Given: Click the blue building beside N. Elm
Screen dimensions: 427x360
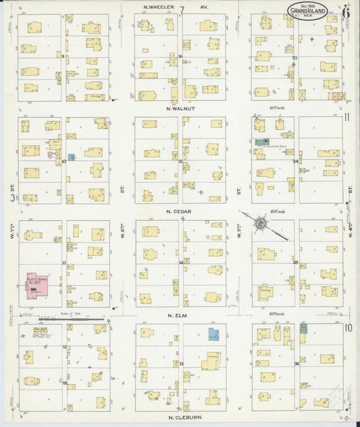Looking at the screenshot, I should (x=213, y=334).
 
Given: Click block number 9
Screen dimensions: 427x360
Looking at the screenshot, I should (x=63, y=57).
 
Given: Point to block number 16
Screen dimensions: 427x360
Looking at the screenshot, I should (x=180, y=57).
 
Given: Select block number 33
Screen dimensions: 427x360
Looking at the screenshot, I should (x=295, y=58).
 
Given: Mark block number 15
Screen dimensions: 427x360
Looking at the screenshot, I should (x=180, y=161).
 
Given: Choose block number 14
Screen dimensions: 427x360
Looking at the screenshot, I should (x=180, y=262).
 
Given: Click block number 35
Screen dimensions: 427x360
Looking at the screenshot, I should (x=296, y=262).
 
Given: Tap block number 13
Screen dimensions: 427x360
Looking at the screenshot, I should (x=181, y=364).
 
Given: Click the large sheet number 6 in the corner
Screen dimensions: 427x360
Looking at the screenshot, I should (x=346, y=11).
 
